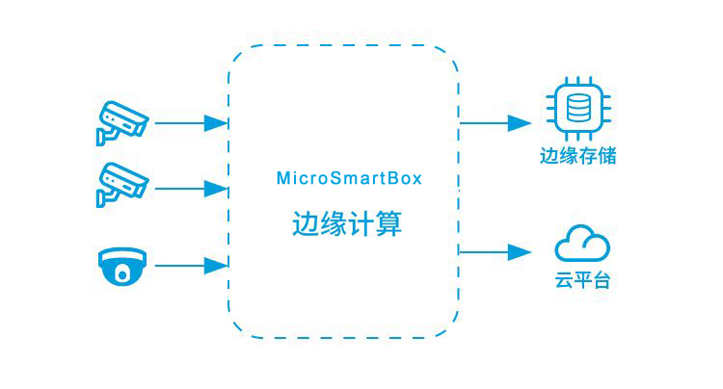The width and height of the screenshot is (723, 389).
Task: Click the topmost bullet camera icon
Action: (x=120, y=122)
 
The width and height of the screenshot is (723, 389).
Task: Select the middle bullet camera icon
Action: (x=120, y=184)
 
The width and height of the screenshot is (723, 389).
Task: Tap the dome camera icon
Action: (x=121, y=266)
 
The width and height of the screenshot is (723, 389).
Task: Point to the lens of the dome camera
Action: (x=121, y=273)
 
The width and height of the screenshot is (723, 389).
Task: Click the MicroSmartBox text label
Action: (x=349, y=178)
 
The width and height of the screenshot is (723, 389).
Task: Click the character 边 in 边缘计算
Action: (x=306, y=224)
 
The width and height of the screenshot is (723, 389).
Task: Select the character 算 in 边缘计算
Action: (x=389, y=224)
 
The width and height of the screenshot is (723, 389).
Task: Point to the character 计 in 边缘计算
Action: (x=361, y=224)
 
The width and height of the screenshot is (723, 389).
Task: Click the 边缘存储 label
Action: (x=578, y=155)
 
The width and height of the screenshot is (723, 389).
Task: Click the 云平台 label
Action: (x=582, y=282)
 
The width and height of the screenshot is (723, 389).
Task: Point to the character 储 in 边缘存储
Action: (x=606, y=155)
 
